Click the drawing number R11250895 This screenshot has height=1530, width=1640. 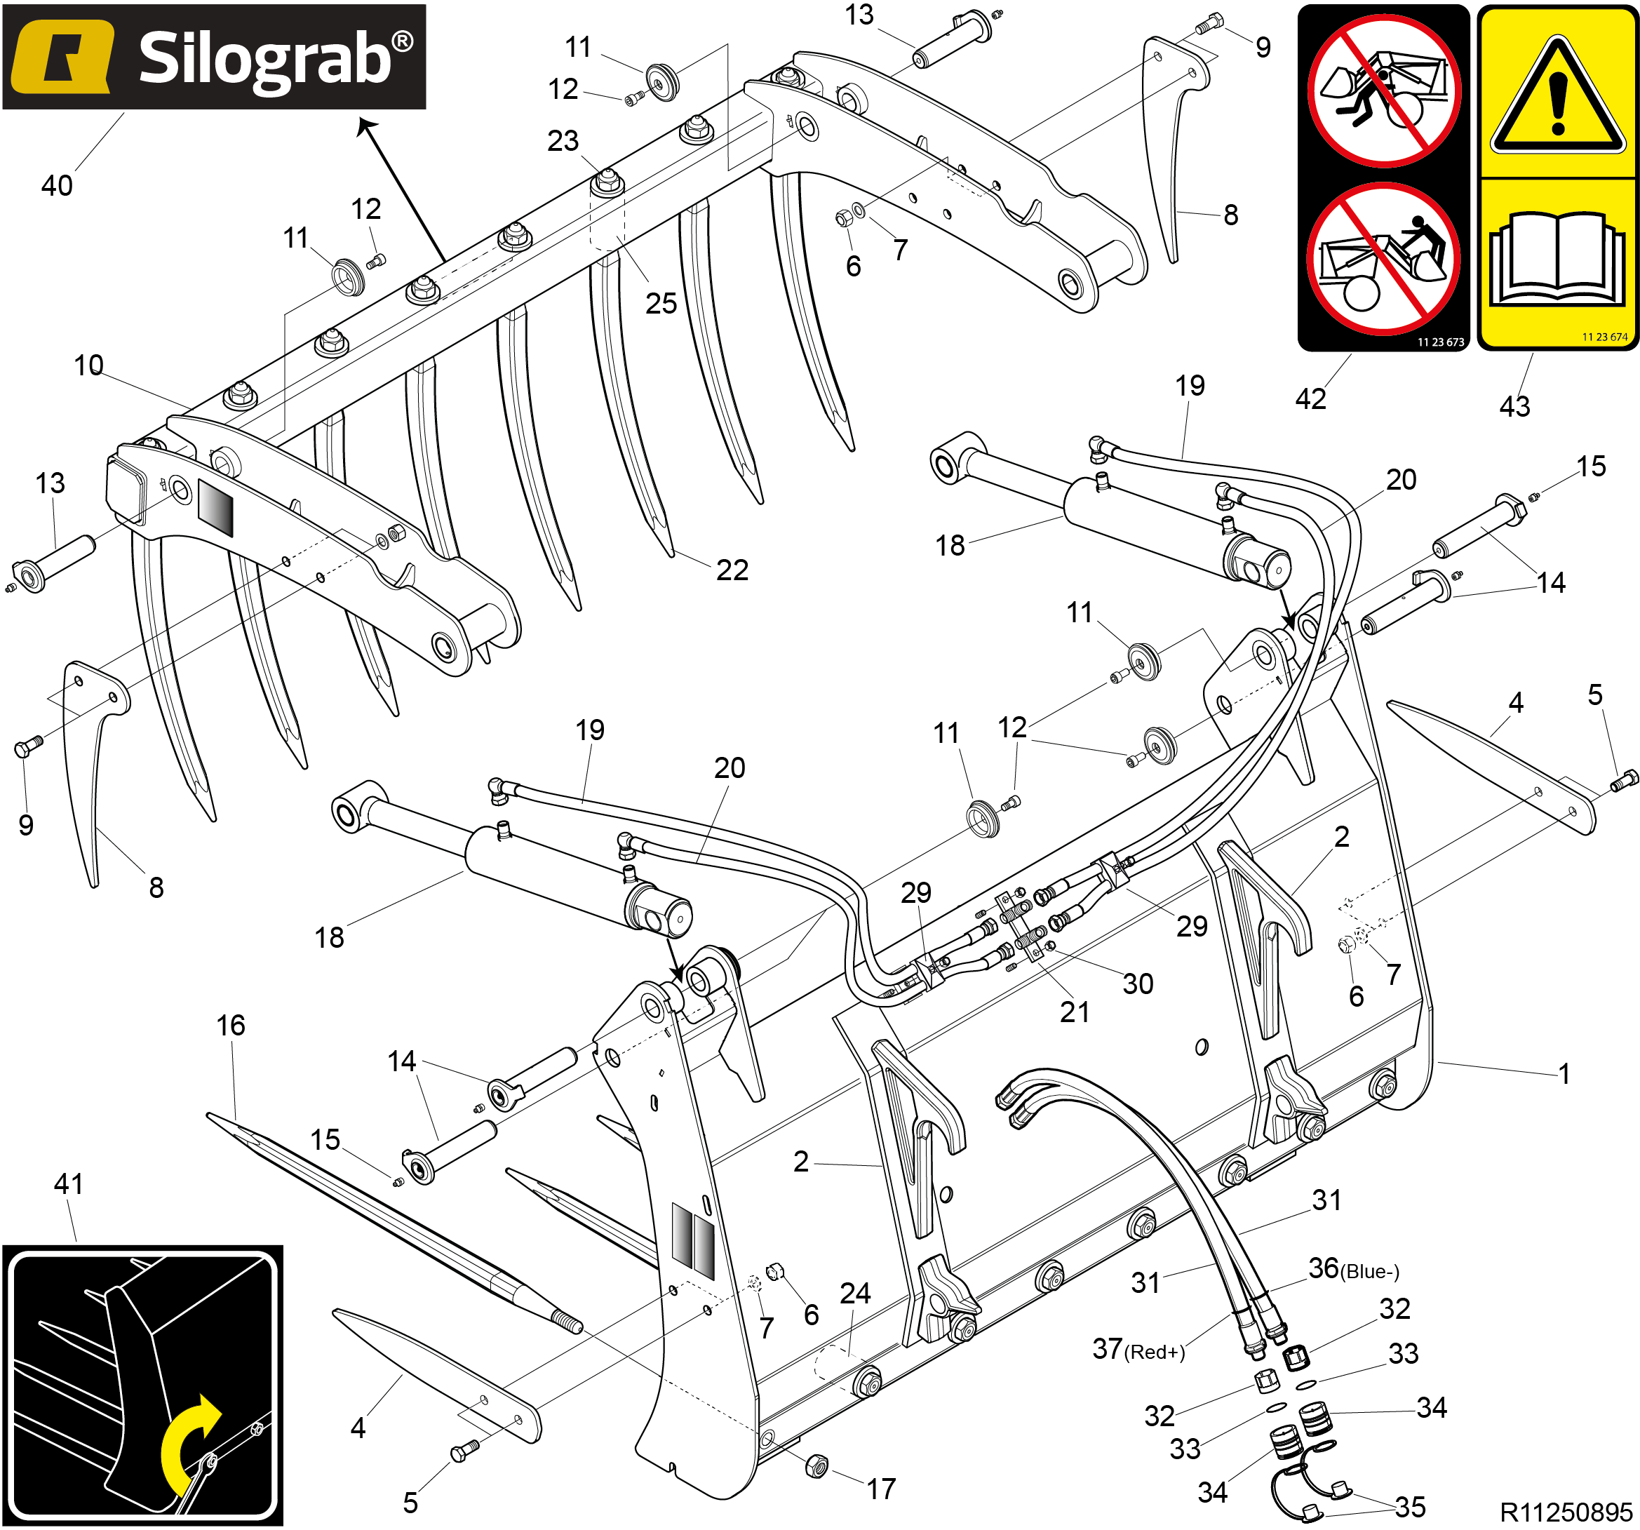coord(1566,1512)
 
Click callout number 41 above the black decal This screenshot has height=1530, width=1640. coord(69,1184)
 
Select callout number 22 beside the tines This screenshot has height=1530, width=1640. coord(732,570)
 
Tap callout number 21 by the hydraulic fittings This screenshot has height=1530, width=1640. coord(1075,1012)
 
